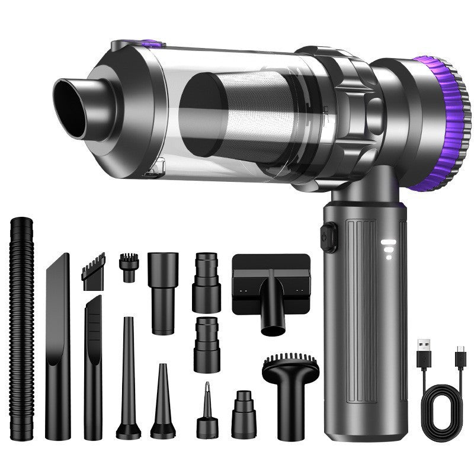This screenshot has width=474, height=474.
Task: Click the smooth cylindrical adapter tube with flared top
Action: click(x=163, y=290)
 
